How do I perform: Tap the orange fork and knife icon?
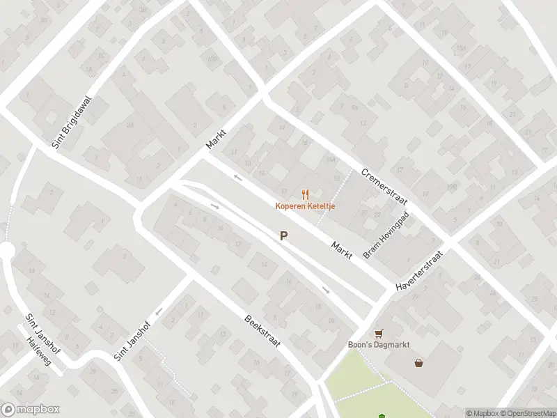click(x=304, y=194)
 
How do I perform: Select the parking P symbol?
click(x=283, y=236)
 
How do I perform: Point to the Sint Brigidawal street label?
click(x=72, y=123)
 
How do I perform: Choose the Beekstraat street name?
click(x=262, y=333)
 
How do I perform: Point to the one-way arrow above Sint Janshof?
click(x=160, y=311)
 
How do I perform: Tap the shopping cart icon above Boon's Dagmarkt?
click(x=379, y=333)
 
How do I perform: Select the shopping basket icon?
click(x=419, y=362)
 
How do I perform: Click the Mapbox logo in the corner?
click(x=30, y=410)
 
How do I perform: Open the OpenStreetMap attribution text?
click(x=527, y=413)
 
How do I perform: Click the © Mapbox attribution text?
click(x=481, y=413)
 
